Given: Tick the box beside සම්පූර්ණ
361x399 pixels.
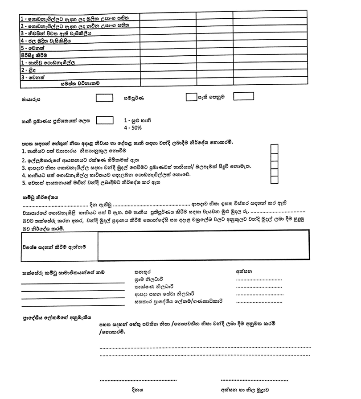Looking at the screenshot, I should click(191, 96).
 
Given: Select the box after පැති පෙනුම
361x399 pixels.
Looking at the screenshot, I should click(243, 96).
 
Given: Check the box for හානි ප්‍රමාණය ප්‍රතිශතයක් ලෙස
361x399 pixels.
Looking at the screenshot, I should click(104, 120).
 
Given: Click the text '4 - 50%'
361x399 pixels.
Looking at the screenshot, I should click(133, 128).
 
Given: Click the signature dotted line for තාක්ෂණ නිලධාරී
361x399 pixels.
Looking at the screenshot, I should click(259, 287).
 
